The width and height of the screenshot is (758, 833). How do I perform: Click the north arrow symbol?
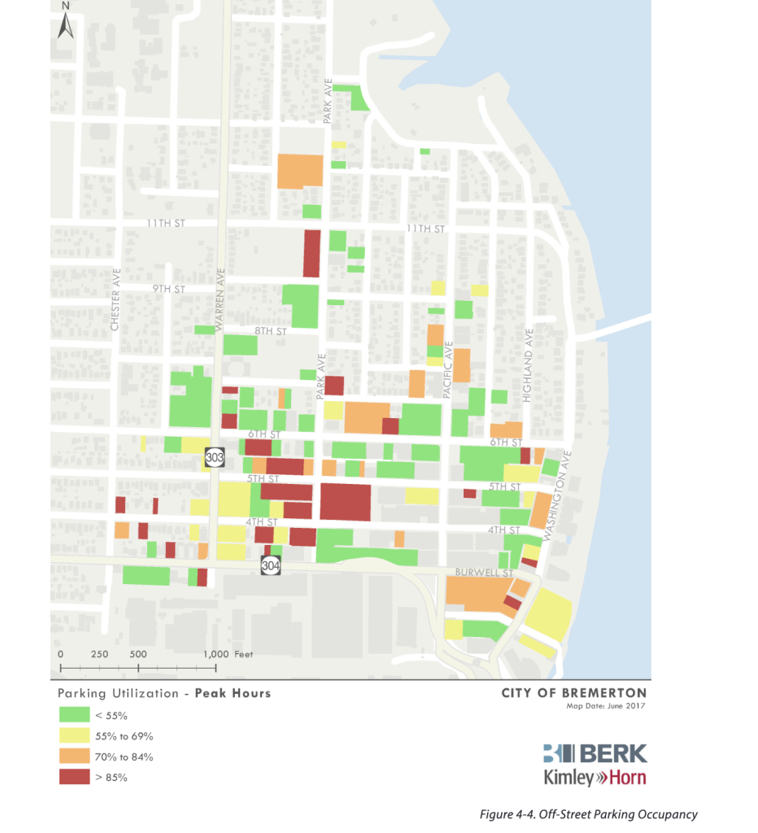pyautogui.click(x=66, y=24)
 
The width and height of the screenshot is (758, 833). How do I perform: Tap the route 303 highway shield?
pyautogui.click(x=215, y=458)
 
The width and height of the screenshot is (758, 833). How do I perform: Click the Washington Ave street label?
pyautogui.click(x=555, y=496)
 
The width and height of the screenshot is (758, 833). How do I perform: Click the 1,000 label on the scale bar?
pyautogui.click(x=216, y=653)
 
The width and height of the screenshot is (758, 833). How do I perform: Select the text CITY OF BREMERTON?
pyautogui.click(x=573, y=693)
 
